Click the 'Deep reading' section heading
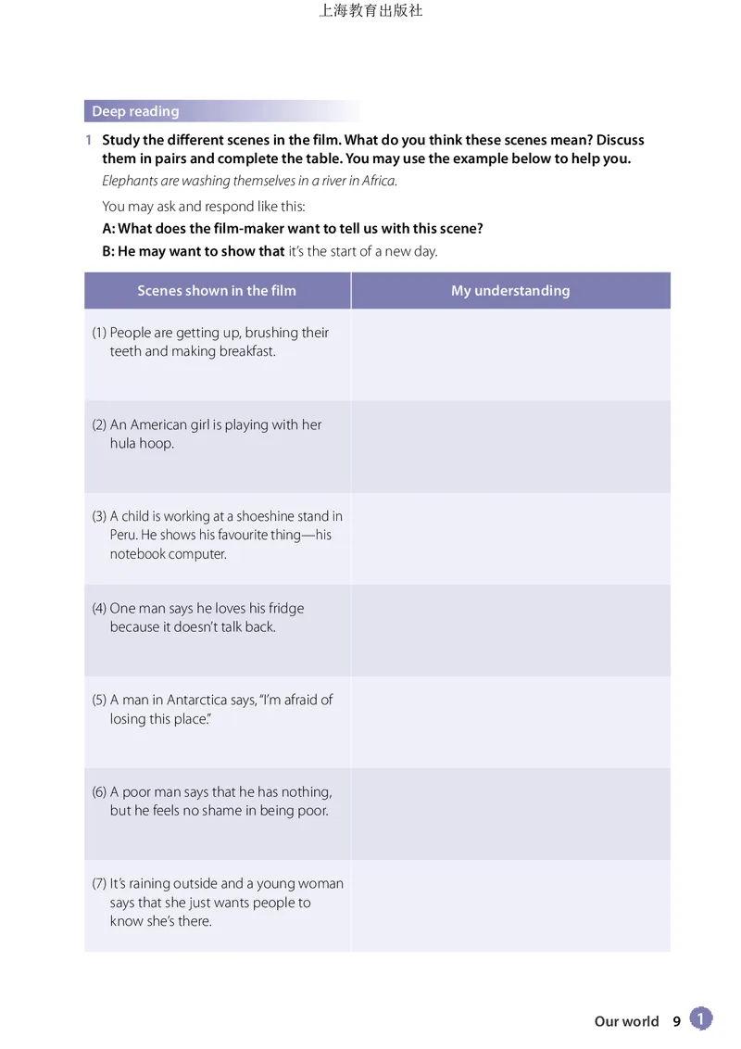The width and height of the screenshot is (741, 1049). click(x=135, y=111)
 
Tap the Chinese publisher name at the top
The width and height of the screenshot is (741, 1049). click(x=370, y=11)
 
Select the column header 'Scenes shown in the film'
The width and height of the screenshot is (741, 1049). click(x=217, y=290)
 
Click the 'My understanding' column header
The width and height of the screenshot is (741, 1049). click(x=510, y=290)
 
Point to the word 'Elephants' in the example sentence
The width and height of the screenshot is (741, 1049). click(x=130, y=181)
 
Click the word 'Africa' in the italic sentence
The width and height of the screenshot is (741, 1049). click(x=377, y=181)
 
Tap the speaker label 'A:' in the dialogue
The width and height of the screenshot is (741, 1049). click(x=109, y=228)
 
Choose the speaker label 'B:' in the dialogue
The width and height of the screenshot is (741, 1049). click(x=108, y=251)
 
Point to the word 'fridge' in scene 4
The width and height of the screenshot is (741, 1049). click(x=285, y=608)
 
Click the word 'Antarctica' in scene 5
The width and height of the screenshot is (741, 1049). click(x=202, y=700)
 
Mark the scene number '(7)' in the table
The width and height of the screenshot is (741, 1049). click(x=99, y=883)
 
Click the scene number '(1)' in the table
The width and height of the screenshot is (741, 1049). click(x=99, y=333)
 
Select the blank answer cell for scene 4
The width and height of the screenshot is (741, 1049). click(x=510, y=630)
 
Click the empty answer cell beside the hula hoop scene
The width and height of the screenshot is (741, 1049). click(x=510, y=447)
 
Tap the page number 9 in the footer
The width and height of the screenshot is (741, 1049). click(x=676, y=1021)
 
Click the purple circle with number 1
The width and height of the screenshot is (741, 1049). click(x=701, y=1019)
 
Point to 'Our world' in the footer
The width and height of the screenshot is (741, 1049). click(x=626, y=1021)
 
